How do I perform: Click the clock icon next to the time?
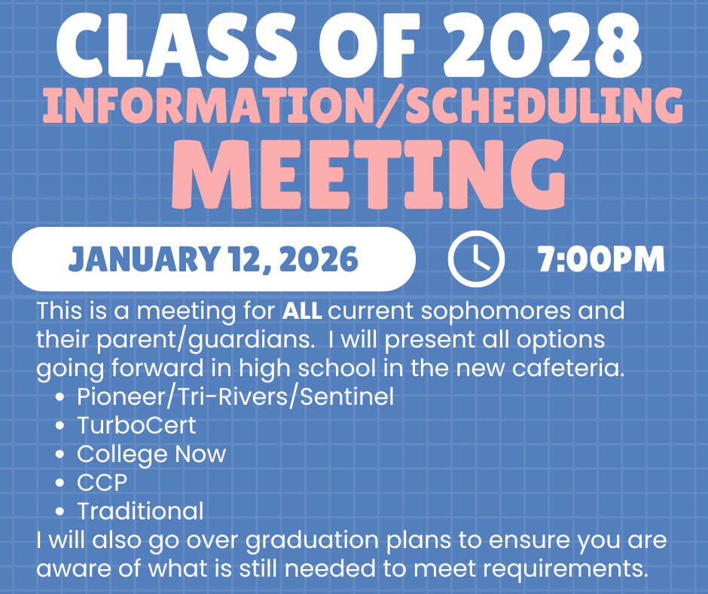pyautogui.click(x=475, y=259)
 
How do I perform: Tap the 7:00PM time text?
pyautogui.click(x=601, y=259)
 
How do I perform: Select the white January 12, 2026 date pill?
pyautogui.click(x=213, y=259)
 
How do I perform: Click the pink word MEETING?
pyautogui.click(x=369, y=175)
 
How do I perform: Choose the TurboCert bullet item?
pyautogui.click(x=136, y=425)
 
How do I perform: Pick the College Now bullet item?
pyautogui.click(x=151, y=454)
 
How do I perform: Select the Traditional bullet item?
pyautogui.click(x=140, y=510)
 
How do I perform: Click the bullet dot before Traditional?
pyautogui.click(x=61, y=511)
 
